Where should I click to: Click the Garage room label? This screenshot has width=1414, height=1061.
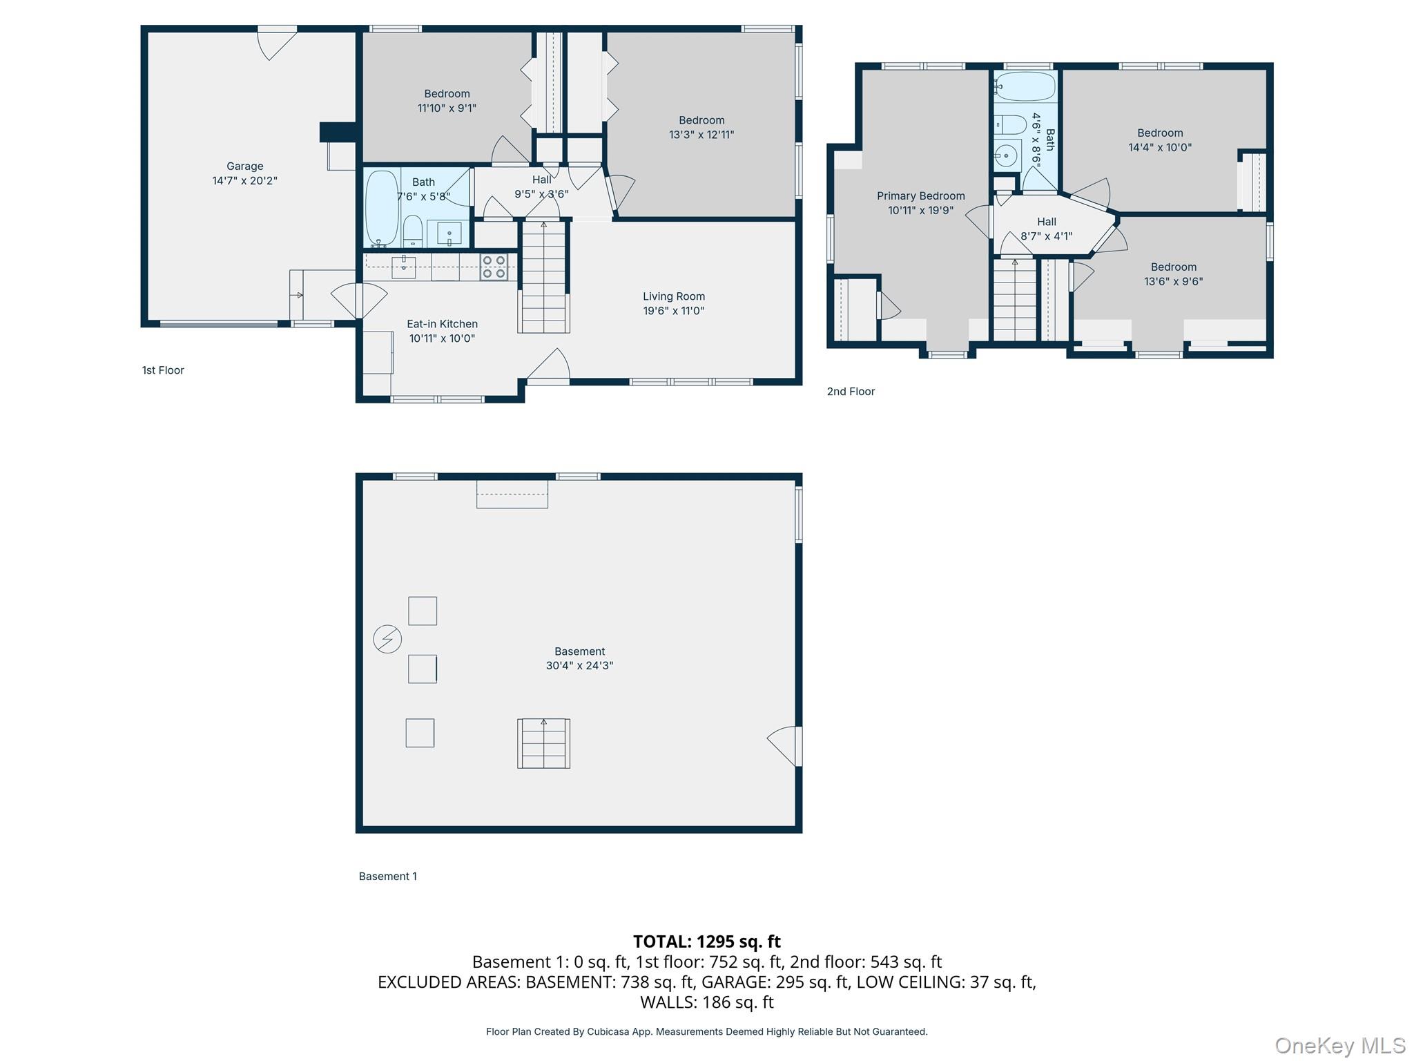pos(245,166)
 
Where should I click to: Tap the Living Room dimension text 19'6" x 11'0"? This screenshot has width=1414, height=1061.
pos(674,311)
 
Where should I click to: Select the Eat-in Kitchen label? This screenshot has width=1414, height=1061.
pos(442,324)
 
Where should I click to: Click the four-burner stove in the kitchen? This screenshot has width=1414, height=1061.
pos(494,267)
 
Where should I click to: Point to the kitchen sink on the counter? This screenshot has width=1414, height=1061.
pos(403,266)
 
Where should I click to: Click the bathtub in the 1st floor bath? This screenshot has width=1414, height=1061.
pos(382,209)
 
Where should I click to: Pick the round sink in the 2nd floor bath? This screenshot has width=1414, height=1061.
pos(1007,156)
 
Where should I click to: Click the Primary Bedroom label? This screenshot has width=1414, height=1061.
pos(921,196)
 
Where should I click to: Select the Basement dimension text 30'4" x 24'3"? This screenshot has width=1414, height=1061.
pos(579,666)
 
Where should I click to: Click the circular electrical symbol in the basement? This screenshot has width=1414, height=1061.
pos(387,639)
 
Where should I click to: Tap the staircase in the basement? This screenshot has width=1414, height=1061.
pos(544,743)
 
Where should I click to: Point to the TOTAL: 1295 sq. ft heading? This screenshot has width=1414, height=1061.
pos(707,941)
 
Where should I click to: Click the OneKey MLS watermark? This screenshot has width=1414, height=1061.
pos(1340,1046)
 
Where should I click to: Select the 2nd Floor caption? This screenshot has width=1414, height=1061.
pos(851,392)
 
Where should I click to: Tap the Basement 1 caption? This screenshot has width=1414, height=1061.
pos(388,877)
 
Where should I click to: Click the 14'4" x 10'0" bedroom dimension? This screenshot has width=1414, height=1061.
pos(1160,147)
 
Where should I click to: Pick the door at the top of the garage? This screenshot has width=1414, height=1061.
pos(277,43)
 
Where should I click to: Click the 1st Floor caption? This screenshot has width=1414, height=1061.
pos(163,370)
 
